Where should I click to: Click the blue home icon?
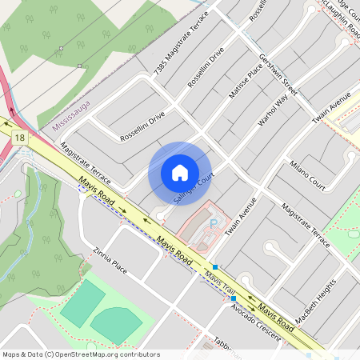pyautogui.click(x=179, y=173)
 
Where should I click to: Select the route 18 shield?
pyautogui.click(x=19, y=138)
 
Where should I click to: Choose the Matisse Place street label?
pyautogui.click(x=246, y=82)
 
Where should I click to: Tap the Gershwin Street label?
pyautogui.click(x=278, y=76)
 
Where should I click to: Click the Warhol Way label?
pyautogui.click(x=273, y=111)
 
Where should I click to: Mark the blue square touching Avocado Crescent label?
pyautogui.click(x=233, y=298)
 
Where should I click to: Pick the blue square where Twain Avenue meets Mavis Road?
pyautogui.click(x=214, y=266)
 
